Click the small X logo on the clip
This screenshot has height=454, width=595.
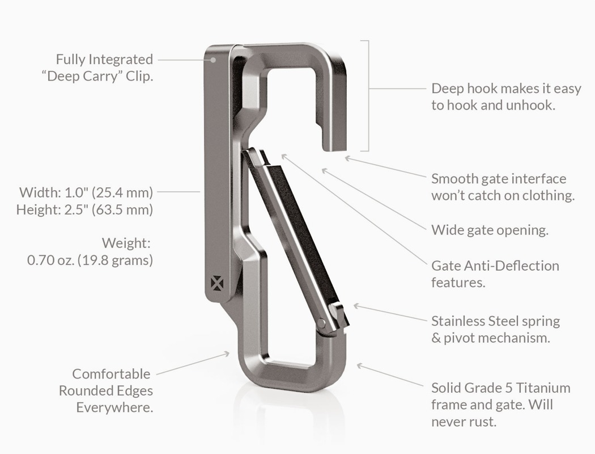[215, 282]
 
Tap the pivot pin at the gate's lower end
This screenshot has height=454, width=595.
[322, 323]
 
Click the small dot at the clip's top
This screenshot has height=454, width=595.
[214, 58]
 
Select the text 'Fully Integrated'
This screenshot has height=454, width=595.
[104, 59]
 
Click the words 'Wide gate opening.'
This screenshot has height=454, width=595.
[490, 230]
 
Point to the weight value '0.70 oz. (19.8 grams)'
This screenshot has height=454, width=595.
[90, 260]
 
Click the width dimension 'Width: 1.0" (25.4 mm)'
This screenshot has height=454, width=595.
[86, 192]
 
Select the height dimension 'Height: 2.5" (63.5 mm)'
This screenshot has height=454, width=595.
[84, 209]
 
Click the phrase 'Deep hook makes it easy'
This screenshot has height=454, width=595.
[506, 89]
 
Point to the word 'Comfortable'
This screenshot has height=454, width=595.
[112, 374]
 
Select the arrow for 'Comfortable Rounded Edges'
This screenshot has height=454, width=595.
[193, 364]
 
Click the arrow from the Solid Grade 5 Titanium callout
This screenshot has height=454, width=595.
[391, 376]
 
